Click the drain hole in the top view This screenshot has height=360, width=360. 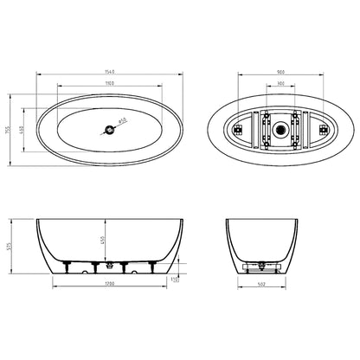(x=107, y=131)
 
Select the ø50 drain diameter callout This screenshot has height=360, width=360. (x=123, y=121)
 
